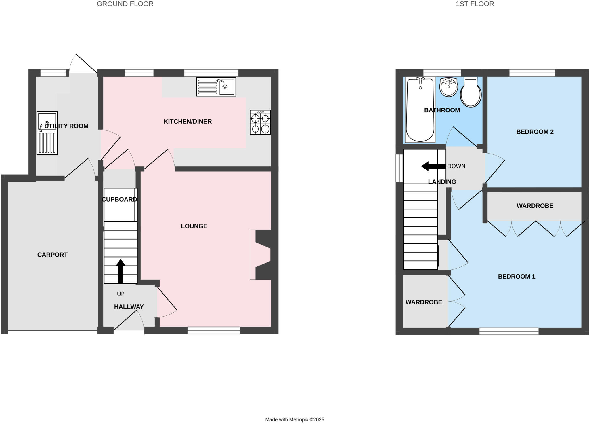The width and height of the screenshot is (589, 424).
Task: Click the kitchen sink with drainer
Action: coord(216,87)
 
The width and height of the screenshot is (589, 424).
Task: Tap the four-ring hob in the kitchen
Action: coord(260,122)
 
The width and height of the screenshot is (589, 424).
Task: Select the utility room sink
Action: coord(47,133)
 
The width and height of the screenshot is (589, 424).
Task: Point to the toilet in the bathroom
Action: coord(471,92)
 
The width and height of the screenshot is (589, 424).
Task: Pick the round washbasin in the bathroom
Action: coord(449,87)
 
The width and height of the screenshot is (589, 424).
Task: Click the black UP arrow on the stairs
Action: coord(121,271)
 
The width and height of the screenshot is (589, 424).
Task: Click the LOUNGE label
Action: coord(194,226)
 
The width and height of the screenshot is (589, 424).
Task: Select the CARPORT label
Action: coord(52,255)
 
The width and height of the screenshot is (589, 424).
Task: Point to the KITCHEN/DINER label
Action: coord(188,122)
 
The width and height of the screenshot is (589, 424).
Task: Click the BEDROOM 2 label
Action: coord(535,132)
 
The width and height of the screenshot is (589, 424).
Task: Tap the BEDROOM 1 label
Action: coord(517,277)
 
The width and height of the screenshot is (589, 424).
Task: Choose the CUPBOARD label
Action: coord(119,199)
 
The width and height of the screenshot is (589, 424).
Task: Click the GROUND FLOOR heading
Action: coord(125,4)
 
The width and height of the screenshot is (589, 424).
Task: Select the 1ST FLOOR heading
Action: coord(475,4)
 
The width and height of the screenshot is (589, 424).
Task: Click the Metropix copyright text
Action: coord(294,420)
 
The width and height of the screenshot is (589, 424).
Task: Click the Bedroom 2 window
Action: coord(532,73)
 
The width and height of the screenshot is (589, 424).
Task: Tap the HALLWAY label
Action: coord(129,307)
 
